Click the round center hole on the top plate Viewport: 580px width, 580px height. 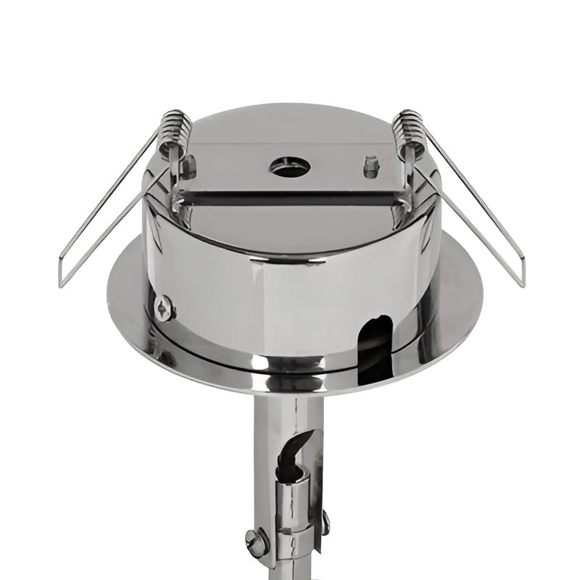point(290,167)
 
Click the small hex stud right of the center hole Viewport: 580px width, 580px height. point(370,167)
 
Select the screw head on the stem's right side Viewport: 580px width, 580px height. point(326,522)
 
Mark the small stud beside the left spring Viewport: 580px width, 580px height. point(189,167)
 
